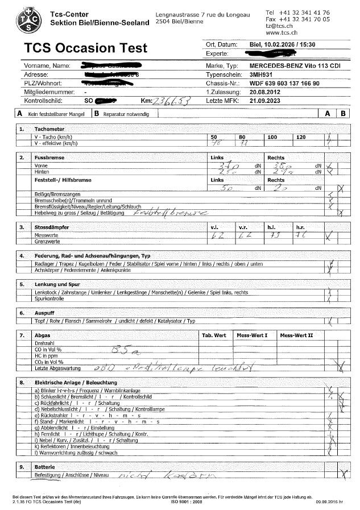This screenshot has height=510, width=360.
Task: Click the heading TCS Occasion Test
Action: pos(77,48)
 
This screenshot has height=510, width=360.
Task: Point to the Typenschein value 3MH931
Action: pos(262,74)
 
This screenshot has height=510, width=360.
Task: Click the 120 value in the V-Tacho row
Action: pos(301,138)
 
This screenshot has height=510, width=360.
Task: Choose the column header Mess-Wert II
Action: pos(296,335)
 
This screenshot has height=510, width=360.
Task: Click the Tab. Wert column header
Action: pos(214,335)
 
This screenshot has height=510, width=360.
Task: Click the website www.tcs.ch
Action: pos(279,33)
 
